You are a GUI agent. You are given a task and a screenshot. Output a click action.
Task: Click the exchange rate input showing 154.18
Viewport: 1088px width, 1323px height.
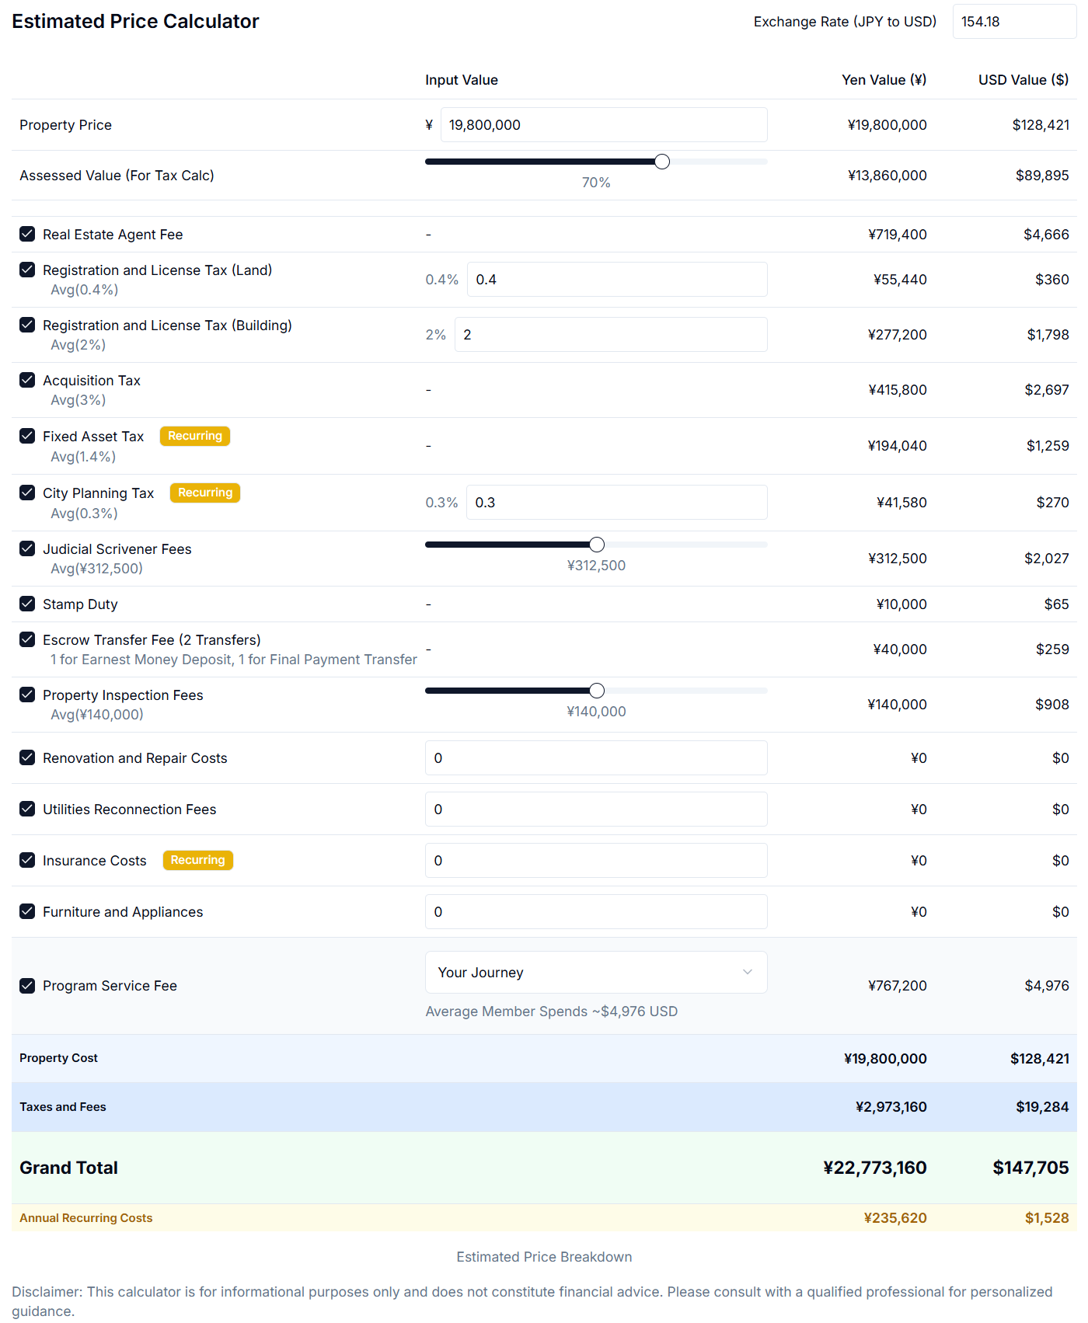coord(1013,22)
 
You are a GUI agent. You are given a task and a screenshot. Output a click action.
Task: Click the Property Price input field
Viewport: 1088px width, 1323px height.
coord(603,125)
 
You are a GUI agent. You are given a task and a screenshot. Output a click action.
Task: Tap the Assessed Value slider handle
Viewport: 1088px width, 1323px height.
coord(662,162)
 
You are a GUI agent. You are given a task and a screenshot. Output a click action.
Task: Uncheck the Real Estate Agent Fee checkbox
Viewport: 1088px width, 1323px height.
coord(27,234)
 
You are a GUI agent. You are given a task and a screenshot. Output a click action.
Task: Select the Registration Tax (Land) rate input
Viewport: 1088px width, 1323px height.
coord(616,280)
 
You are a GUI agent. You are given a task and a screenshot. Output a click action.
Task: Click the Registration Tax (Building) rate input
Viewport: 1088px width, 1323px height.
coord(610,335)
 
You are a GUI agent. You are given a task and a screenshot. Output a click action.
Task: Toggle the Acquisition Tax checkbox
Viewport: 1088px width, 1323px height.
coord(27,380)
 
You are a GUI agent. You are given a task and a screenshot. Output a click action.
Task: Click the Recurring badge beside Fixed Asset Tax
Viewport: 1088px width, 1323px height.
coord(195,436)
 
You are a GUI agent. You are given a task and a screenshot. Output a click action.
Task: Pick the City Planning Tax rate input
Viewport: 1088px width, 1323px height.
coord(616,503)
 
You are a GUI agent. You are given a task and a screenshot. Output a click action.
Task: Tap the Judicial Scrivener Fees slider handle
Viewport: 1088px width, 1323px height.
coord(597,545)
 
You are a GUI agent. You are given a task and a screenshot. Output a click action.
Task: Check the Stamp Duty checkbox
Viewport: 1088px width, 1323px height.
coord(27,604)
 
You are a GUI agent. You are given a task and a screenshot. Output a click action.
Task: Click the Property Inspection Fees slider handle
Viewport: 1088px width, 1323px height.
coord(597,691)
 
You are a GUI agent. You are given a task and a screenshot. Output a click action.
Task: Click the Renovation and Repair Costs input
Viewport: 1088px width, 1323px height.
coord(596,758)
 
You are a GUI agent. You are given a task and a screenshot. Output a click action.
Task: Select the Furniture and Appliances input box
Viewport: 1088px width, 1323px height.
coord(596,912)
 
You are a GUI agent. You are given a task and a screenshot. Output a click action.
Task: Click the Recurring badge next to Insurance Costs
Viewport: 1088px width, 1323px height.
coord(198,860)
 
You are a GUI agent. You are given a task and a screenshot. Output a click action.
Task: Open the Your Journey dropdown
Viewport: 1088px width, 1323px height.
coord(596,973)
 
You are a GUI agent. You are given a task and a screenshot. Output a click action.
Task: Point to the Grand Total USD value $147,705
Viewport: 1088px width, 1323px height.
coord(1030,1168)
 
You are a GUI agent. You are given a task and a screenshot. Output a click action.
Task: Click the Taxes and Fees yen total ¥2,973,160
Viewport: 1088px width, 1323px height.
coord(891,1107)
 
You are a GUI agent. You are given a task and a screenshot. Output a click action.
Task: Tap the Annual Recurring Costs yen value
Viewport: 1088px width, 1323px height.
coord(895,1218)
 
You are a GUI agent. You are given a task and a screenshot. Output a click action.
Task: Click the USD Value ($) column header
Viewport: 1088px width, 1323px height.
coord(1023,80)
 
